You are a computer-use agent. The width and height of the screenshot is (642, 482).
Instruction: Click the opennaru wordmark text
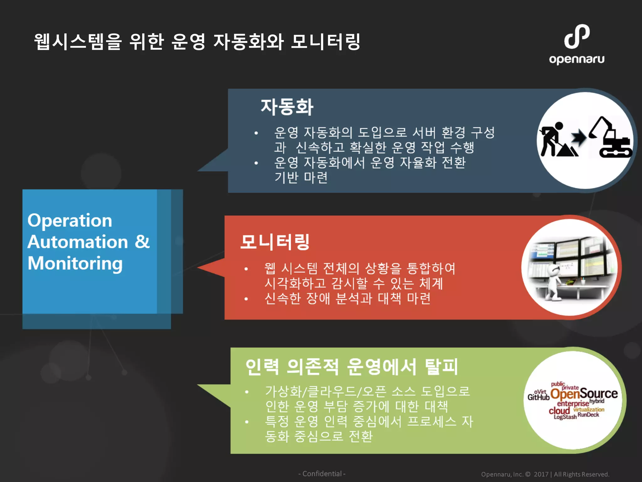pos(576,59)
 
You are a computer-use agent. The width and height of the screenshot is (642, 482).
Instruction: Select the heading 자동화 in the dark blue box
pos(287,107)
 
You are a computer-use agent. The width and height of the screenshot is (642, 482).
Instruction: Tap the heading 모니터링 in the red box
pos(275,242)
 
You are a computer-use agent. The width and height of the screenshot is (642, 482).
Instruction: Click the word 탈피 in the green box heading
pos(441,367)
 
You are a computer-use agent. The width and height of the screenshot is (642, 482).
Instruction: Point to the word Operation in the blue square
pos(70,221)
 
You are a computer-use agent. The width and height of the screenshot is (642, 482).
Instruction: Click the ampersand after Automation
pos(142,242)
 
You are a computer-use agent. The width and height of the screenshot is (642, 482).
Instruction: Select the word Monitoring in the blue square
pos(75,264)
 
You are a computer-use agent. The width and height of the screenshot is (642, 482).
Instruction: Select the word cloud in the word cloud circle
pos(559,410)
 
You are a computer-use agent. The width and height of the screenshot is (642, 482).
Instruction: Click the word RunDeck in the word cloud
pos(588,415)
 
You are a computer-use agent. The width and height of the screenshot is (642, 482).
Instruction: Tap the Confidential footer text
pos(322,474)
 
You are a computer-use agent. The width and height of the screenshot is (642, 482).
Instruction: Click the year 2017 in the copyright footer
pos(541,474)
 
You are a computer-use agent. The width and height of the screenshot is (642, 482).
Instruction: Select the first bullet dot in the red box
pos(246,269)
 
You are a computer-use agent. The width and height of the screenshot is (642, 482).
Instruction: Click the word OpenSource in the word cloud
pos(584,394)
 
